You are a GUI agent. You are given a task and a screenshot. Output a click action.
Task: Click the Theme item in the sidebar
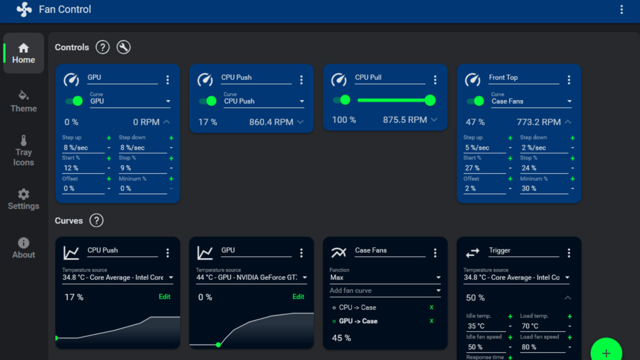pyautogui.click(x=23, y=101)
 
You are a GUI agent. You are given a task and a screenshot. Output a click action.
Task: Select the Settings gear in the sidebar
pyautogui.click(x=23, y=199)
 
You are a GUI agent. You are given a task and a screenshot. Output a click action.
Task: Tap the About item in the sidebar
pyautogui.click(x=23, y=248)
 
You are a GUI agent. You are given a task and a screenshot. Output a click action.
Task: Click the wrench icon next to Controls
pyautogui.click(x=123, y=47)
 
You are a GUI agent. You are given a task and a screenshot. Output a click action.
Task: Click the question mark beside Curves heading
pyautogui.click(x=96, y=220)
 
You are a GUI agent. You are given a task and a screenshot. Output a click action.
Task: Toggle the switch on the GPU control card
pyautogui.click(x=74, y=101)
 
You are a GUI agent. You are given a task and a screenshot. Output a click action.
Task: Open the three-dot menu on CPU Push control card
pyautogui.click(x=301, y=80)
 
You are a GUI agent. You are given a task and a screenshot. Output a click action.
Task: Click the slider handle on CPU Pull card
pyautogui.click(x=430, y=100)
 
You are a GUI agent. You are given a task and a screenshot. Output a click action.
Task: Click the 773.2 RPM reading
pyautogui.click(x=538, y=122)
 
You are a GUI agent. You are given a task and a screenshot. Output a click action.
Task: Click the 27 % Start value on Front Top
pyautogui.click(x=484, y=168)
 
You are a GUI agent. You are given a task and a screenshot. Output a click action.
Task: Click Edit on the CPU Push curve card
pyautogui.click(x=164, y=296)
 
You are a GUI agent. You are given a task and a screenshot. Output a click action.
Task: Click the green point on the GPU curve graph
pyautogui.click(x=218, y=344)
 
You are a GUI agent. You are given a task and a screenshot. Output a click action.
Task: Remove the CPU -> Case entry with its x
pyautogui.click(x=431, y=307)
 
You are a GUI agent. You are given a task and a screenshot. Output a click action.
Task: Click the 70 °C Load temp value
pyautogui.click(x=542, y=326)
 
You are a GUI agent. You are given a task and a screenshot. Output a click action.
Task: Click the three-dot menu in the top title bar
pyautogui.click(x=621, y=9)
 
